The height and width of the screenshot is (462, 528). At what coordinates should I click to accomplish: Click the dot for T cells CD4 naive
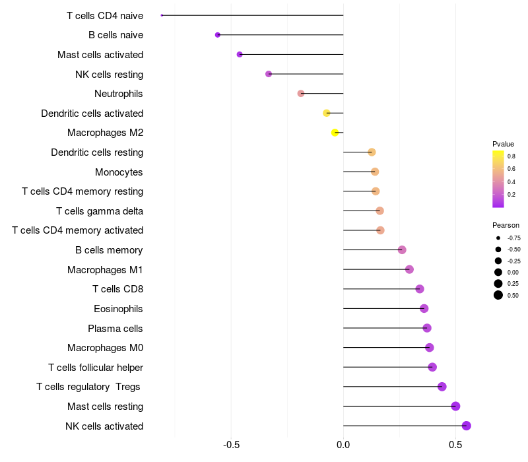162,15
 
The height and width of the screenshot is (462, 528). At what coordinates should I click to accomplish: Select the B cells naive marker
218,35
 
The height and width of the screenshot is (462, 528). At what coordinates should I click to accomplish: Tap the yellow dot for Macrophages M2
335,133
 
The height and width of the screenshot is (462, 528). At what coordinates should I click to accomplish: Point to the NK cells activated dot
467,426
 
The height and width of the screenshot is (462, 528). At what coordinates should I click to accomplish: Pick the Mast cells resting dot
455,407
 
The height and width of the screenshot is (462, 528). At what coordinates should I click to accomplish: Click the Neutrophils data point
301,94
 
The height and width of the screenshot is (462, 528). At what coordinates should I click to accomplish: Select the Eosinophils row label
119,309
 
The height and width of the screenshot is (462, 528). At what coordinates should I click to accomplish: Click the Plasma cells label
115,329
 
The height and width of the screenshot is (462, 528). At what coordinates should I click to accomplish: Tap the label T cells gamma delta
100,211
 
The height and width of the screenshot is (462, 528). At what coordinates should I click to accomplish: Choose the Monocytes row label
119,172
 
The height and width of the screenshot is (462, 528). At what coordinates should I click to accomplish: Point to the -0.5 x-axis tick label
231,445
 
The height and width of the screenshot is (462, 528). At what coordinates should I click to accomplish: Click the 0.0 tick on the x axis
343,445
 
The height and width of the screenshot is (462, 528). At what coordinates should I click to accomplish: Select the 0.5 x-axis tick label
455,445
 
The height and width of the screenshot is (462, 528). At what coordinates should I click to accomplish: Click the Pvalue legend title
503,144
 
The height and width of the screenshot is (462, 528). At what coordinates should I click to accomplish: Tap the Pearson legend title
506,225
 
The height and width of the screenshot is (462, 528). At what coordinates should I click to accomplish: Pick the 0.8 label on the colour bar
511,156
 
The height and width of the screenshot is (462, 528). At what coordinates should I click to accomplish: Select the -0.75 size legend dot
498,238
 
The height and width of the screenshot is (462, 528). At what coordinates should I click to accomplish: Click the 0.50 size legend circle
498,295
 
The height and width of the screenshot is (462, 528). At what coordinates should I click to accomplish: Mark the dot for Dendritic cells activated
327,114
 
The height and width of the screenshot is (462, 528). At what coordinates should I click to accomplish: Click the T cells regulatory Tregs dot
442,387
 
